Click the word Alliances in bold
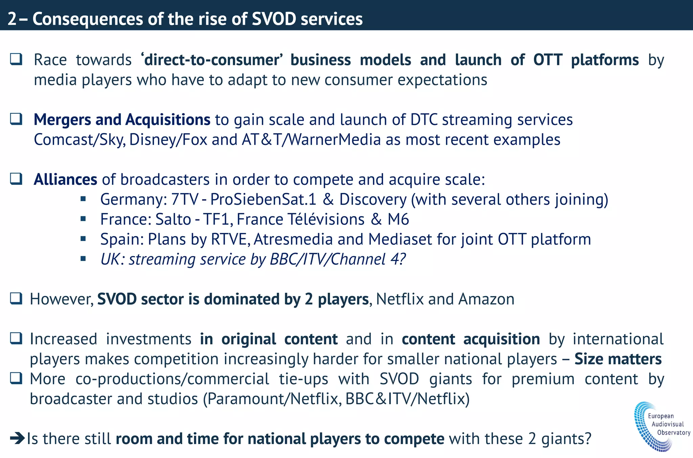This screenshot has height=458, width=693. pos(65,179)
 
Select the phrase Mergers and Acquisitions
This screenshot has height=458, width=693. pos(122,120)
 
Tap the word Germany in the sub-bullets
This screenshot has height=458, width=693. pos(132,199)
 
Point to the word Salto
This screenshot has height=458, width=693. pos(173,219)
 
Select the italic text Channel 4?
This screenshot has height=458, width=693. pos(368,259)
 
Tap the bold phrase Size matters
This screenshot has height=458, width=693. pos(618,359)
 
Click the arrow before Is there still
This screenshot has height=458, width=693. pos(17,439)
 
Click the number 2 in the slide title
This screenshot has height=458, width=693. pos(12,19)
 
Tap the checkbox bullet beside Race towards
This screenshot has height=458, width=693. pos(16,60)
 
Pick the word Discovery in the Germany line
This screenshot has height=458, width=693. pos(373,199)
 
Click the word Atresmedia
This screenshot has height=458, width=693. pos(293,239)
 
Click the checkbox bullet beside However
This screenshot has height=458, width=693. pos(16,299)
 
